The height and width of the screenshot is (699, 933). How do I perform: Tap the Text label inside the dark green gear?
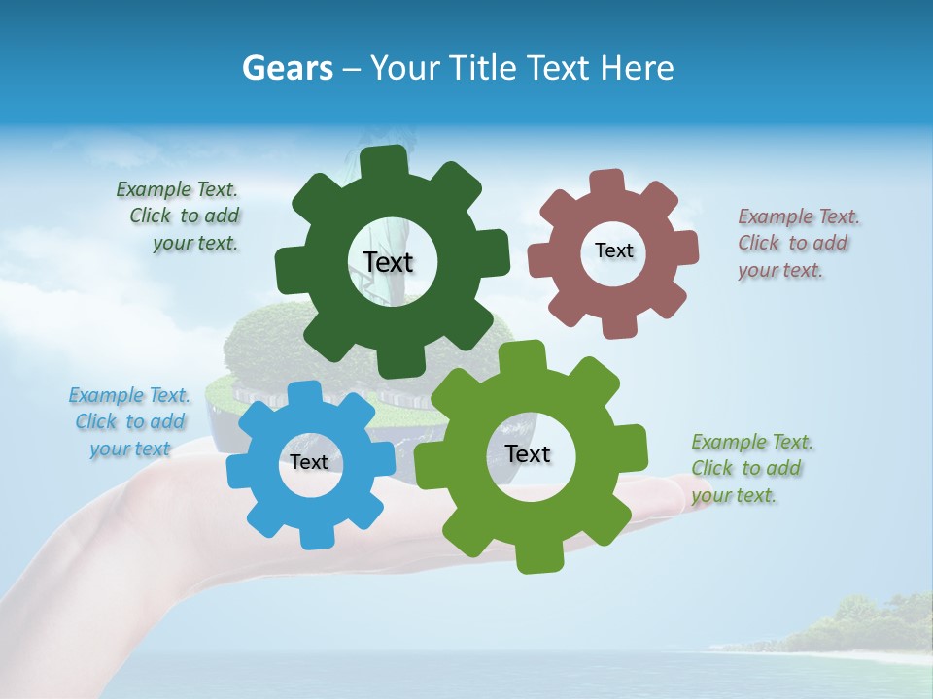(388, 262)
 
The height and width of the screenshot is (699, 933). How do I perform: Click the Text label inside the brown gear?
(613, 250)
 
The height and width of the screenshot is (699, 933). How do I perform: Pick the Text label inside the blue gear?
(308, 462)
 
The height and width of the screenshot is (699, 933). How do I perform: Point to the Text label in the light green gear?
(528, 453)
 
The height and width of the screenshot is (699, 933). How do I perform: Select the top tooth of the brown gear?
(607, 183)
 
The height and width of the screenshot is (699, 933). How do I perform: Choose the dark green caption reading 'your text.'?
(195, 244)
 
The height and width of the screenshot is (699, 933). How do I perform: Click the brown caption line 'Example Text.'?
(799, 216)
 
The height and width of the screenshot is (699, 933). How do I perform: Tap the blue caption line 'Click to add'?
(130, 421)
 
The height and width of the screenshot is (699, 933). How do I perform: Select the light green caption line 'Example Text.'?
(752, 442)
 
